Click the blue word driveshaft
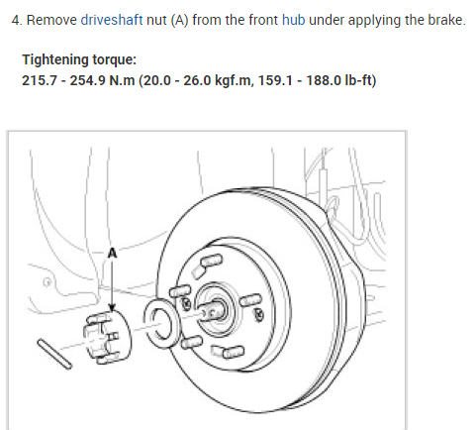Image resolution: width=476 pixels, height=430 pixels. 112,21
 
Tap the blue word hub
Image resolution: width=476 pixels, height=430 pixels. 294,20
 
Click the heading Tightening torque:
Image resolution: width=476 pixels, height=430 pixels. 79,60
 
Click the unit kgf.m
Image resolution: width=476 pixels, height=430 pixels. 234,81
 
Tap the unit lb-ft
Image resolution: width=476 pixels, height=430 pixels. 358,80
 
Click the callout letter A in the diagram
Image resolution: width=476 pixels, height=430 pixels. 113,253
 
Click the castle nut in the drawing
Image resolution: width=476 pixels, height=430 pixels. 107,337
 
